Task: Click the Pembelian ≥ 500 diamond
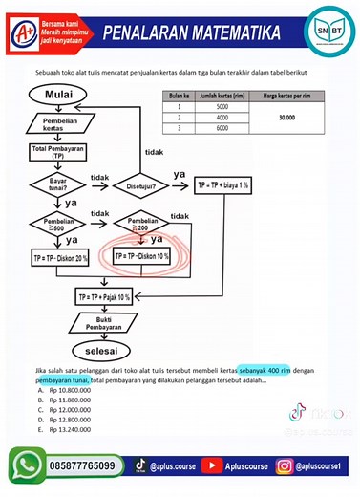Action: [x=59, y=225]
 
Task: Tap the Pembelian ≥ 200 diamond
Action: [x=140, y=225]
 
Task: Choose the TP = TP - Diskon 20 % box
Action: [x=60, y=258]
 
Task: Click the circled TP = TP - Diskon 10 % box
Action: [x=141, y=257]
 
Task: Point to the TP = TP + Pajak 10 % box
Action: [x=104, y=297]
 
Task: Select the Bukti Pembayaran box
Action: [x=104, y=324]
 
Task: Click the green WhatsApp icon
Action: [x=24, y=465]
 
